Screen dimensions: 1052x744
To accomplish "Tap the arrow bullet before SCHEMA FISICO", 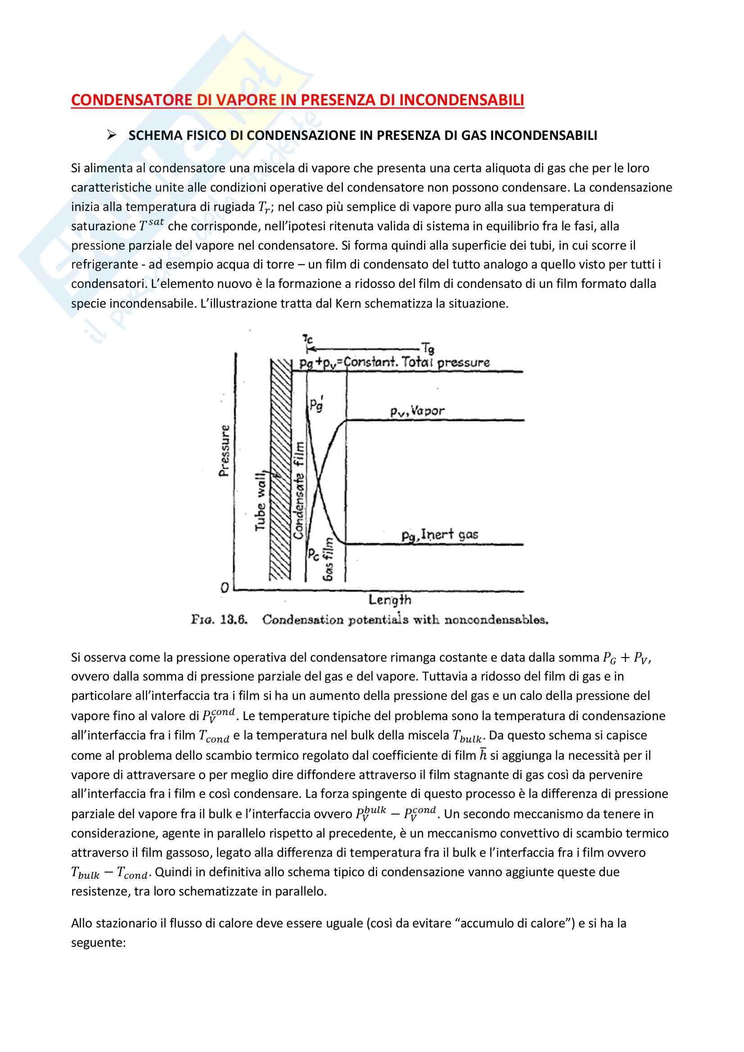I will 111,135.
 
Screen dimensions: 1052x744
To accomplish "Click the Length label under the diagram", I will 390,600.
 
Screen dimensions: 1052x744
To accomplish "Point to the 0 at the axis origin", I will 225,588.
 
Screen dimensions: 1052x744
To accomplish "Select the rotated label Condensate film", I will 299,490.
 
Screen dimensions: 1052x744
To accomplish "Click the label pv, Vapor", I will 417,411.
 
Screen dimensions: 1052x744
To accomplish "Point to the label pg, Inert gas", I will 440,535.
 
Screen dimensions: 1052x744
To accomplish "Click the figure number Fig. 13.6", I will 219,620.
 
